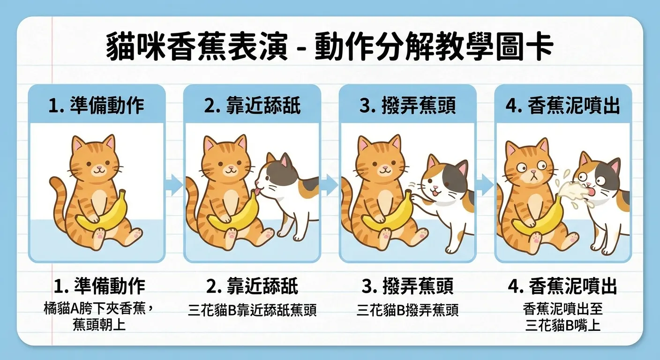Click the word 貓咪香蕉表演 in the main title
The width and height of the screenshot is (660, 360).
tap(196, 47)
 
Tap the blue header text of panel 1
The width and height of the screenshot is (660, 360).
tap(96, 106)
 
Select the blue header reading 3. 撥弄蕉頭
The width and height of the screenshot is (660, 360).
tap(407, 106)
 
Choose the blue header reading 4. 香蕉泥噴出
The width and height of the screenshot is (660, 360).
tap(563, 106)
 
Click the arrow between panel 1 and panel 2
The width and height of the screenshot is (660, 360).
tap(174, 185)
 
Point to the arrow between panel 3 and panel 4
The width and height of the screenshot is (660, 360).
tap(486, 185)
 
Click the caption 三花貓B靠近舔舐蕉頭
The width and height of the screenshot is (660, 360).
tap(252, 310)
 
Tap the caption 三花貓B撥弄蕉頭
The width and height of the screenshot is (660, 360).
tap(407, 310)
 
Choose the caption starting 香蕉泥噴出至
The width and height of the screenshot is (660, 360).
tap(562, 310)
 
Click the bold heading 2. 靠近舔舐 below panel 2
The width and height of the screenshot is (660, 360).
tap(252, 286)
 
